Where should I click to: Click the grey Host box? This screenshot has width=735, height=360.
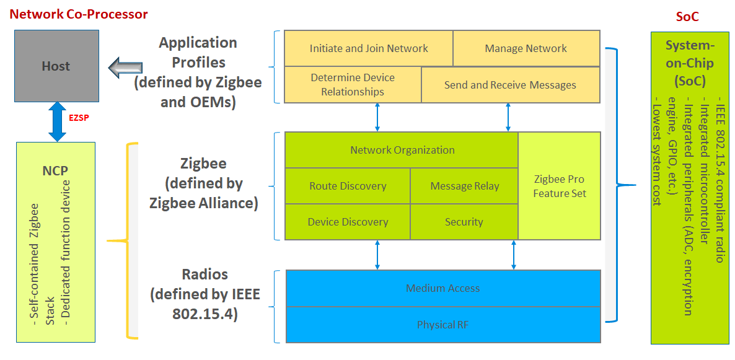pos(56,67)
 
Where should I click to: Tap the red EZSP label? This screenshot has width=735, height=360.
pos(78,116)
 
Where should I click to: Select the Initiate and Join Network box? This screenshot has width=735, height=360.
pos(369,48)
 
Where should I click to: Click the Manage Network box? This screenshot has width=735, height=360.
pos(526,48)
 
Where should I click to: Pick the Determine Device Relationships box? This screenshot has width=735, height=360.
pos(353,85)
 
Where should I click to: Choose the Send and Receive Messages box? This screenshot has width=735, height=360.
pos(510,85)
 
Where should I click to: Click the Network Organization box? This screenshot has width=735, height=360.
pos(402,150)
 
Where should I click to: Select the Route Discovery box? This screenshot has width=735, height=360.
pos(348,186)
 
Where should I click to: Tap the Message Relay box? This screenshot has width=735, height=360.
pos(464,186)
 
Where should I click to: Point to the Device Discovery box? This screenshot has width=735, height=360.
pos(348,222)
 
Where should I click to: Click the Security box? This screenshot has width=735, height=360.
pos(464,222)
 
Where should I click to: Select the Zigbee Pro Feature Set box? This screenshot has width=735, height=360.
pos(559,186)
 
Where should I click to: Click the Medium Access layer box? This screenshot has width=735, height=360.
pos(442,288)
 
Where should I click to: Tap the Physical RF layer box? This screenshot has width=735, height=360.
pos(442,324)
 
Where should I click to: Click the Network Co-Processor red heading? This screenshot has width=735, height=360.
pos(79,14)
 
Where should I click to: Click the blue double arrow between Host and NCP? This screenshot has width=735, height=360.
pos(57,121)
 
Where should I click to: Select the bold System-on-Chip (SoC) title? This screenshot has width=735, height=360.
pos(690,63)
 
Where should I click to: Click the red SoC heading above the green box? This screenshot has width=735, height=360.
pos(687,17)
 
